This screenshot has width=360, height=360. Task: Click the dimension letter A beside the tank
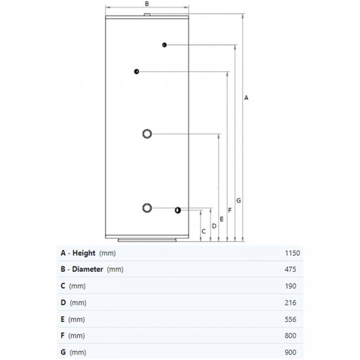[246, 97]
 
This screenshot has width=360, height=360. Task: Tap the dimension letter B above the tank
[147, 3]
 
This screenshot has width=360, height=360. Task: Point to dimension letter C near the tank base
[204, 231]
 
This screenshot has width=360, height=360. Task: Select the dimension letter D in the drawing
[214, 225]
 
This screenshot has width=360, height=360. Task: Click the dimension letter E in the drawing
[222, 219]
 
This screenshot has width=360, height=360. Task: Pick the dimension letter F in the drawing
[230, 210]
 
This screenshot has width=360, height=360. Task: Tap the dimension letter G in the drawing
[238, 200]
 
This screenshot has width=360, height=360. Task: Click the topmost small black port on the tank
[164, 45]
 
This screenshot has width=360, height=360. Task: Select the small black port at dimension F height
[136, 71]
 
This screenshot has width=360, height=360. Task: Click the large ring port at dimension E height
[147, 133]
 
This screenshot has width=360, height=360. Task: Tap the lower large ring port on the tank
[147, 208]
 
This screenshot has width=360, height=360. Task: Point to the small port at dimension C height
[177, 210]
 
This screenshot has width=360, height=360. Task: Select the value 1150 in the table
[292, 253]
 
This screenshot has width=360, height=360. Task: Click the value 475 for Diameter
[290, 270]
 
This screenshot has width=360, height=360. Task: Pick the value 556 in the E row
[290, 320]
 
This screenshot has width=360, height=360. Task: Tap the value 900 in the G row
[290, 352]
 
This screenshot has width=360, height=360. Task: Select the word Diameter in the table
[88, 270]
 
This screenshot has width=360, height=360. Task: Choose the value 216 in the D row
[290, 303]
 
